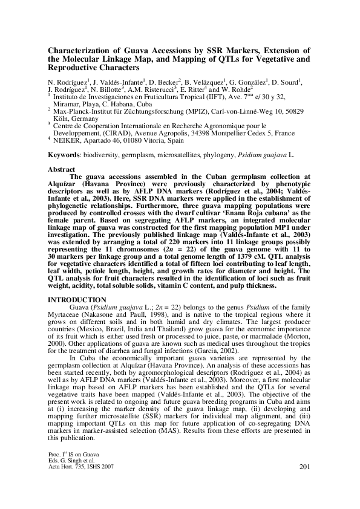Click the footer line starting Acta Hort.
(x=80, y=484)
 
